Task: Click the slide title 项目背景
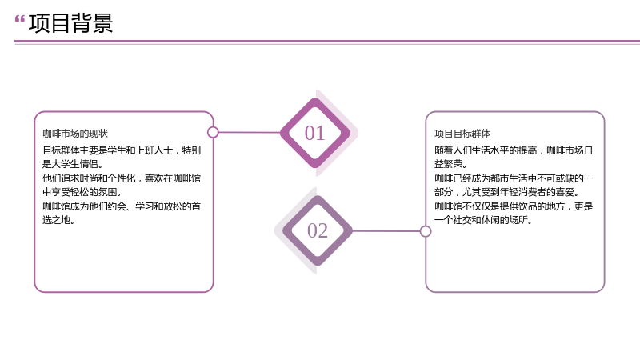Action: point(70,23)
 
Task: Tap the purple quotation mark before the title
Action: point(19,18)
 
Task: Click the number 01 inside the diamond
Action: point(314,133)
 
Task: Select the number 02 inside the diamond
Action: point(318,230)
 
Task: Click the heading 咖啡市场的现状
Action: point(75,134)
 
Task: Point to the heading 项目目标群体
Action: point(462,134)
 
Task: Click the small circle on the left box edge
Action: point(213,132)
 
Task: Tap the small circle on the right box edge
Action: point(426,231)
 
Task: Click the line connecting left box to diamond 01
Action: point(250,132)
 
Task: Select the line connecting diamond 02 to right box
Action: point(386,231)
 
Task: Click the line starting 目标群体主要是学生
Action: point(122,150)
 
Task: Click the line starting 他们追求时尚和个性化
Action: point(122,178)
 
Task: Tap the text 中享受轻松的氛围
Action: point(82,192)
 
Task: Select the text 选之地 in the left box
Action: point(58,220)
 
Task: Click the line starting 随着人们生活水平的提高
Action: point(514,150)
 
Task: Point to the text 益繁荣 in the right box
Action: point(450,164)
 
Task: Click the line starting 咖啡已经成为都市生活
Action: point(514,178)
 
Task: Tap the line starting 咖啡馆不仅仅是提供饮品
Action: point(514,206)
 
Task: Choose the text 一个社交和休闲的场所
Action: point(483,220)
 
